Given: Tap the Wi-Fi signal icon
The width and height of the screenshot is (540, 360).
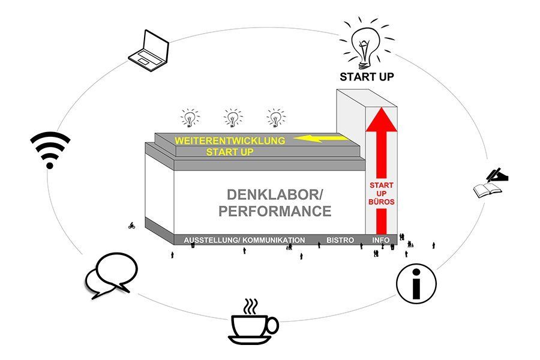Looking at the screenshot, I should pos(50,149).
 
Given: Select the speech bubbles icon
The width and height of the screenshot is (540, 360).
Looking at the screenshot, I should pos(110,275).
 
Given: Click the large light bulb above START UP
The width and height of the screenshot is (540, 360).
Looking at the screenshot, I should pos(367,43).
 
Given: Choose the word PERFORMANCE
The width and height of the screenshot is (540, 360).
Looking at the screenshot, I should pos(275,212).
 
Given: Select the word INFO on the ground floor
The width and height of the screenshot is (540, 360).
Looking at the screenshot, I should pos(380,240).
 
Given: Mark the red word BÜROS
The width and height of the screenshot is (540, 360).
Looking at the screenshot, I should pos(381,202).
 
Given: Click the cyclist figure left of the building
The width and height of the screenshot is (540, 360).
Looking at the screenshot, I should pos(131,226).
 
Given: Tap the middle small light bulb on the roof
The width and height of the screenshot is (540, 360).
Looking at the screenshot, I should pos(232,117).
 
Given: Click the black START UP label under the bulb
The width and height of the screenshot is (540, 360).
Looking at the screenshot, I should pos(367,77).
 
